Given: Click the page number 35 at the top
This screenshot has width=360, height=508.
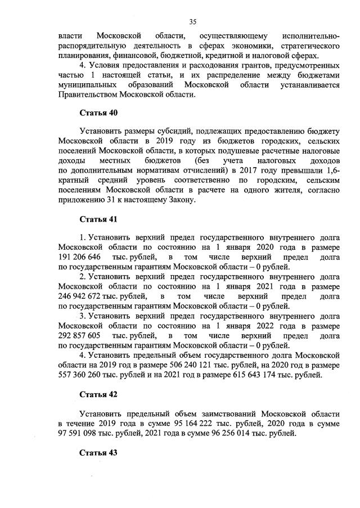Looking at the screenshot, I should (192, 22).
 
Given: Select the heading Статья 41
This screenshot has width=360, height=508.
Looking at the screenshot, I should (98, 219).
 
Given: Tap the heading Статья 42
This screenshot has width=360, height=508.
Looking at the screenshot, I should (98, 393).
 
